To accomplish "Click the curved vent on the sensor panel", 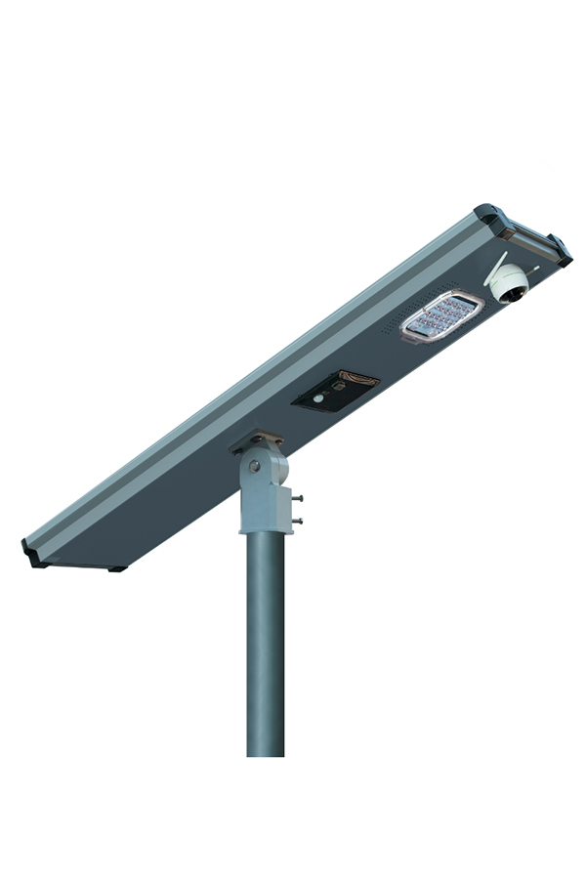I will pyautogui.click(x=356, y=379).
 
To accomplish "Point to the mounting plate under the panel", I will pyautogui.click(x=257, y=440).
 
